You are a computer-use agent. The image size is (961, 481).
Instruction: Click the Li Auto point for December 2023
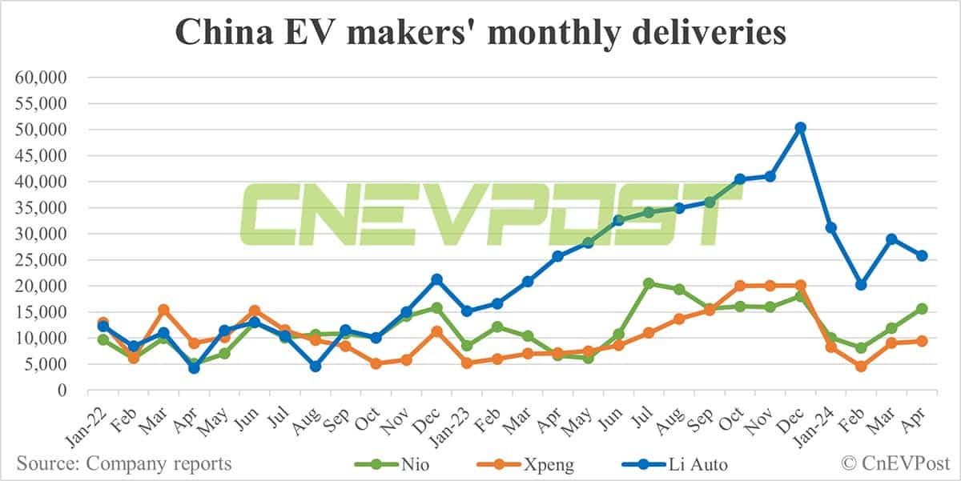point(799,127)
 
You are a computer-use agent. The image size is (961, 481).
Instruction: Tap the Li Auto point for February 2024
point(861,285)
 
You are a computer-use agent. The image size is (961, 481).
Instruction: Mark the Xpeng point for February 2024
point(861,367)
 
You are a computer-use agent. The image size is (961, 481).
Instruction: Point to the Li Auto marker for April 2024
point(922,255)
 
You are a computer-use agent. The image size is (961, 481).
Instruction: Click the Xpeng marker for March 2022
point(163,310)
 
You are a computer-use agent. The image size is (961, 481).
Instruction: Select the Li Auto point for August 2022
point(316,366)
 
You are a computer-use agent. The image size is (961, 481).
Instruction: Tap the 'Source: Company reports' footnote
point(124,463)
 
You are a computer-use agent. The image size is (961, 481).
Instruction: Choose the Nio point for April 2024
point(922,309)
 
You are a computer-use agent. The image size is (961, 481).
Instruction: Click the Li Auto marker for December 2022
point(436,279)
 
